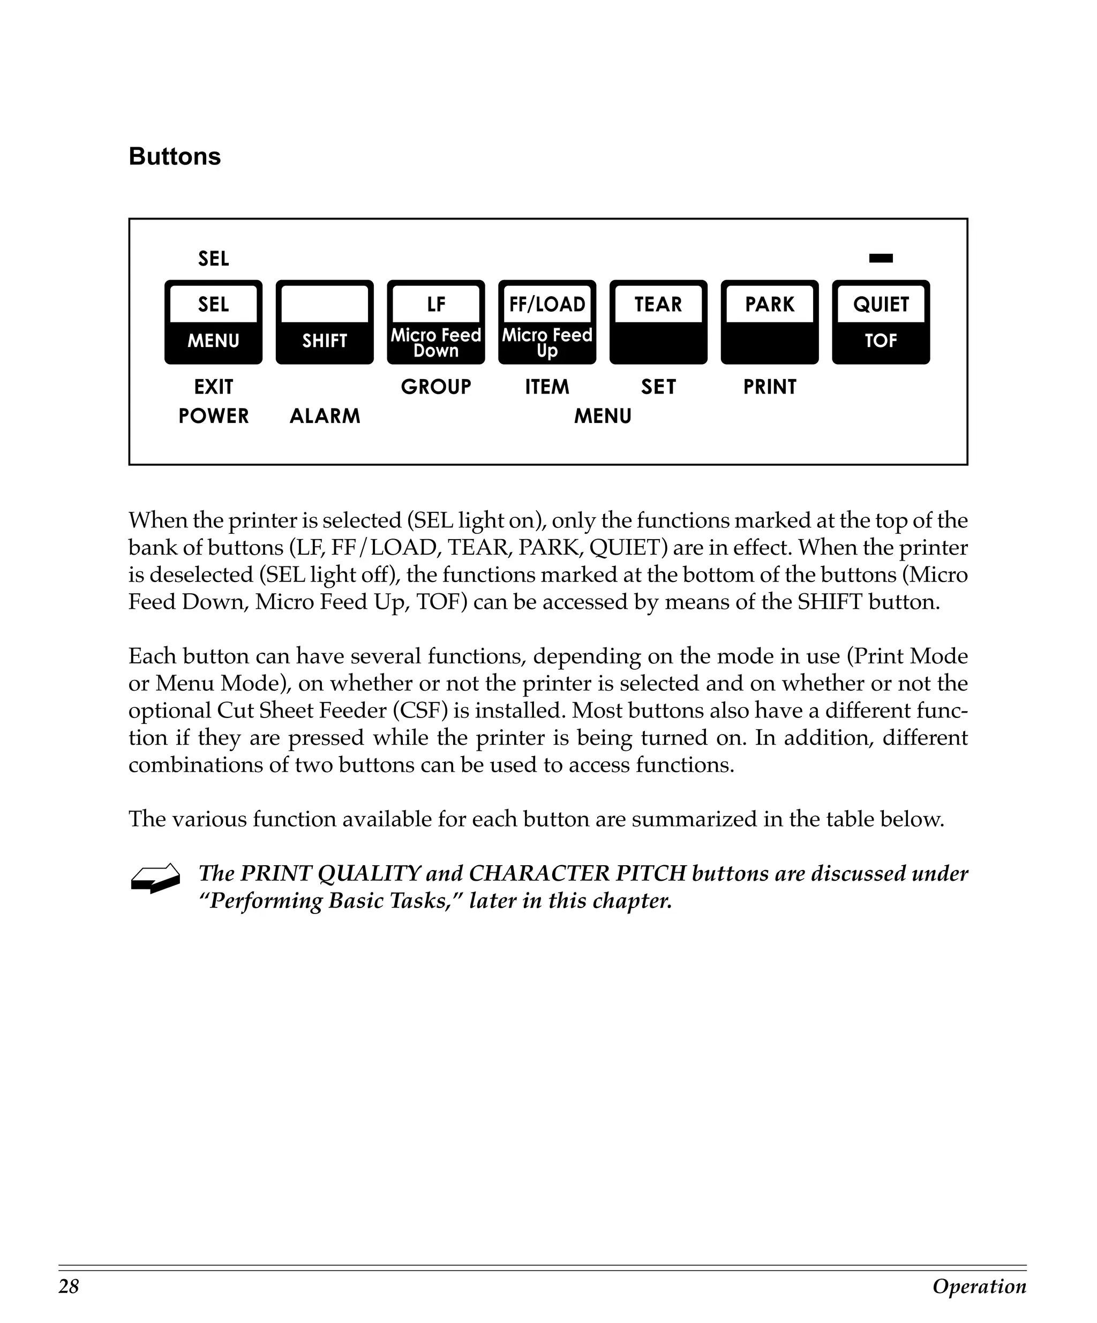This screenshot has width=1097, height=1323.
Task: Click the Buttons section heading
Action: [175, 156]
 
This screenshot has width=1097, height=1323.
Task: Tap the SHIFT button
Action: [325, 322]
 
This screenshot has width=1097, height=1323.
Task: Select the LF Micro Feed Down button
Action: [436, 322]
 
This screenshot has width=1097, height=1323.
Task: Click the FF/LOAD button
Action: [547, 322]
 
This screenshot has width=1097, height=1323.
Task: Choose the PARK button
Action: [769, 322]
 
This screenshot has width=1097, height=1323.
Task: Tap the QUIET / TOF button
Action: [881, 322]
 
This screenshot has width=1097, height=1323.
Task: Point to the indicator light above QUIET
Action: [881, 258]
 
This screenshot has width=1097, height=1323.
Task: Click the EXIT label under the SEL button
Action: [214, 387]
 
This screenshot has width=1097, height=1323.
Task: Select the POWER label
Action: [214, 416]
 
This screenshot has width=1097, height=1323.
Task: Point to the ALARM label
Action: [325, 416]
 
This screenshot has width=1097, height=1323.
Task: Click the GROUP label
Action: [436, 387]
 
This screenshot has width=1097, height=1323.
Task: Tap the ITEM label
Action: [547, 387]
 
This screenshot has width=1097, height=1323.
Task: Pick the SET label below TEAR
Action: [658, 387]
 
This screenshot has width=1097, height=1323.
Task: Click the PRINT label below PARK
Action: [769, 387]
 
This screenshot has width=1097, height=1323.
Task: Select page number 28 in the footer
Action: [69, 1286]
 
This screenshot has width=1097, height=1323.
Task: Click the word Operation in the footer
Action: [979, 1286]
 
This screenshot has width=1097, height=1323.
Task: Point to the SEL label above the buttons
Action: [214, 258]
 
